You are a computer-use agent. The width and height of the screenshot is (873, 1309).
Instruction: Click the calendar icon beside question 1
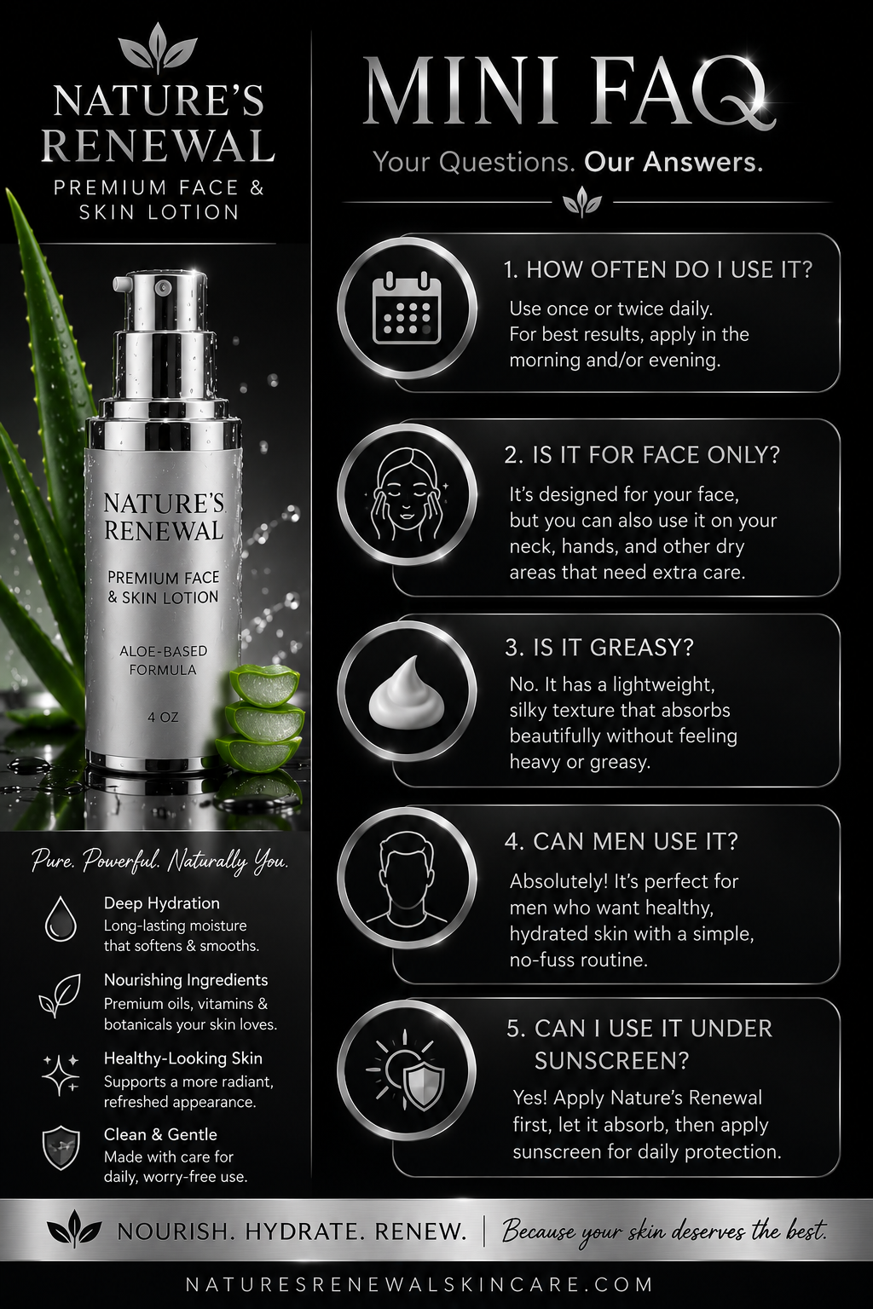[407, 309]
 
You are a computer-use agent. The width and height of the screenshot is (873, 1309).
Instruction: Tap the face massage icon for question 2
[407, 490]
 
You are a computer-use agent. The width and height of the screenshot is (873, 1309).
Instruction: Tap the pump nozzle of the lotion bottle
[124, 284]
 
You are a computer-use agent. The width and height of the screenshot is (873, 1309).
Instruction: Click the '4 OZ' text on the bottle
[163, 717]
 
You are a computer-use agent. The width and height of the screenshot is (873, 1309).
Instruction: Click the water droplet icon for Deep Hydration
[61, 920]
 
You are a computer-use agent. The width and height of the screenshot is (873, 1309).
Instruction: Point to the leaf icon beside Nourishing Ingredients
[60, 995]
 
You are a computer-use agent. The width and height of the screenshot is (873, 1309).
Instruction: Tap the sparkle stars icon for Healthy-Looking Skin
[61, 1074]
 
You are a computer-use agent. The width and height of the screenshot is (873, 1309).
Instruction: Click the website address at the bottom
[419, 1284]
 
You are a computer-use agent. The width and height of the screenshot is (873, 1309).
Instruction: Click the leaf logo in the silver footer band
[74, 1230]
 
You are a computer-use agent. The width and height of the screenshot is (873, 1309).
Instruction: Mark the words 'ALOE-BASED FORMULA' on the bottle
[163, 660]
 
